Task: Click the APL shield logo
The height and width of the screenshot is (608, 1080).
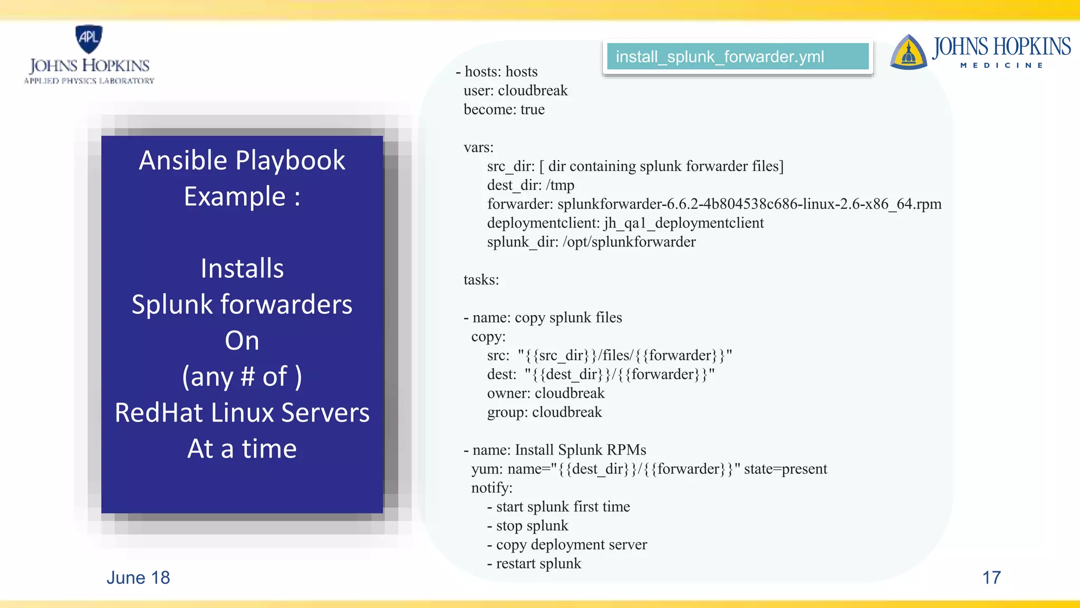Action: point(89,39)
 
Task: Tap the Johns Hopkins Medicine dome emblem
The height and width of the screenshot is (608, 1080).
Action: point(908,53)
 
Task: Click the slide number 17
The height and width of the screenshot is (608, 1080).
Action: point(991,577)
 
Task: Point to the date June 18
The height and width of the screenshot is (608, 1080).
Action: point(138,578)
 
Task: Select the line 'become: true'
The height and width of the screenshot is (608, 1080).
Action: point(504,110)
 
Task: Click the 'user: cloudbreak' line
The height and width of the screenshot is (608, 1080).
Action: point(515,91)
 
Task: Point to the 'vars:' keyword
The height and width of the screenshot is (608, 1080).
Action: point(478,148)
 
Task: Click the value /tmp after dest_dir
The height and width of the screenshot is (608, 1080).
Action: point(560,185)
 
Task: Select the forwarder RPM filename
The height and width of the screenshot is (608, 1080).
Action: point(749,204)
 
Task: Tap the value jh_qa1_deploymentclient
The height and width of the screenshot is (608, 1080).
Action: point(683,223)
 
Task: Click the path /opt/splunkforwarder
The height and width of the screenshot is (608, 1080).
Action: point(629,242)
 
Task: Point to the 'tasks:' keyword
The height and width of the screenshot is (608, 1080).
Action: point(481,280)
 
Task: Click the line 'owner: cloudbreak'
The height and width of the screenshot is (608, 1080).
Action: point(545,393)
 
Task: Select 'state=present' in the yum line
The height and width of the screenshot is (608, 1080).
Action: point(785,469)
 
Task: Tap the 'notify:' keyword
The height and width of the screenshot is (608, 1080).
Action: point(491,488)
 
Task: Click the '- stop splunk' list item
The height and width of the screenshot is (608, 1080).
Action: point(527,526)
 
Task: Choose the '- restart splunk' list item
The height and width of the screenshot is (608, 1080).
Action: point(534,564)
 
